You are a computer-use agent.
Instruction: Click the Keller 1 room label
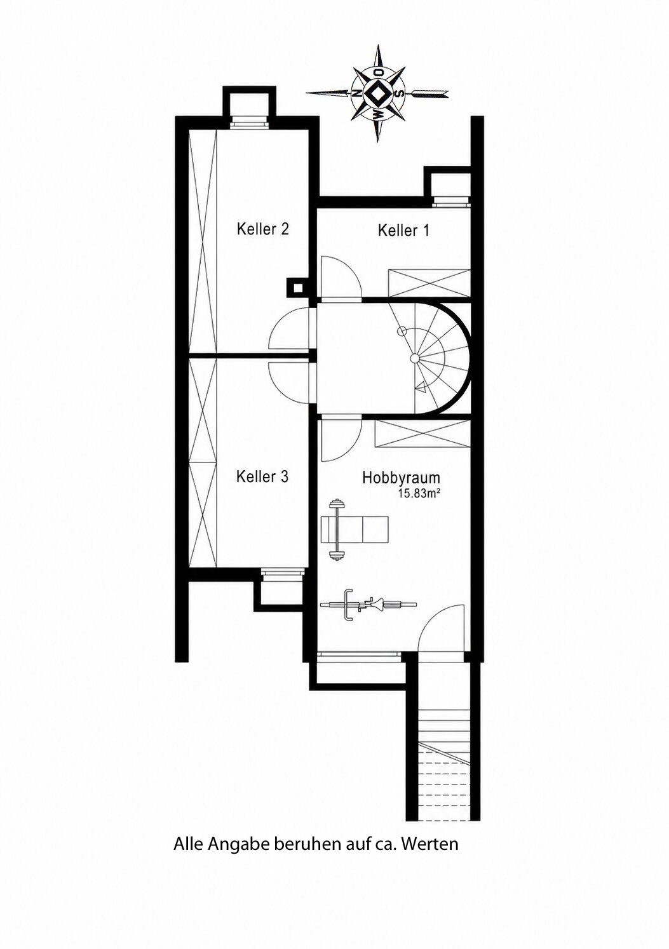coord(403,231)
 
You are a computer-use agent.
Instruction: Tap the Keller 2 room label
coord(262,229)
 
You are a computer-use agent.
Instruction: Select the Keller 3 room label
coord(262,476)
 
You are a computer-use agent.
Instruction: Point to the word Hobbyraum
coord(402,478)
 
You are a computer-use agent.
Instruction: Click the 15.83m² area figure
coord(417,493)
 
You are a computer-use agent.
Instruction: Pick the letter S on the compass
coord(398,93)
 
